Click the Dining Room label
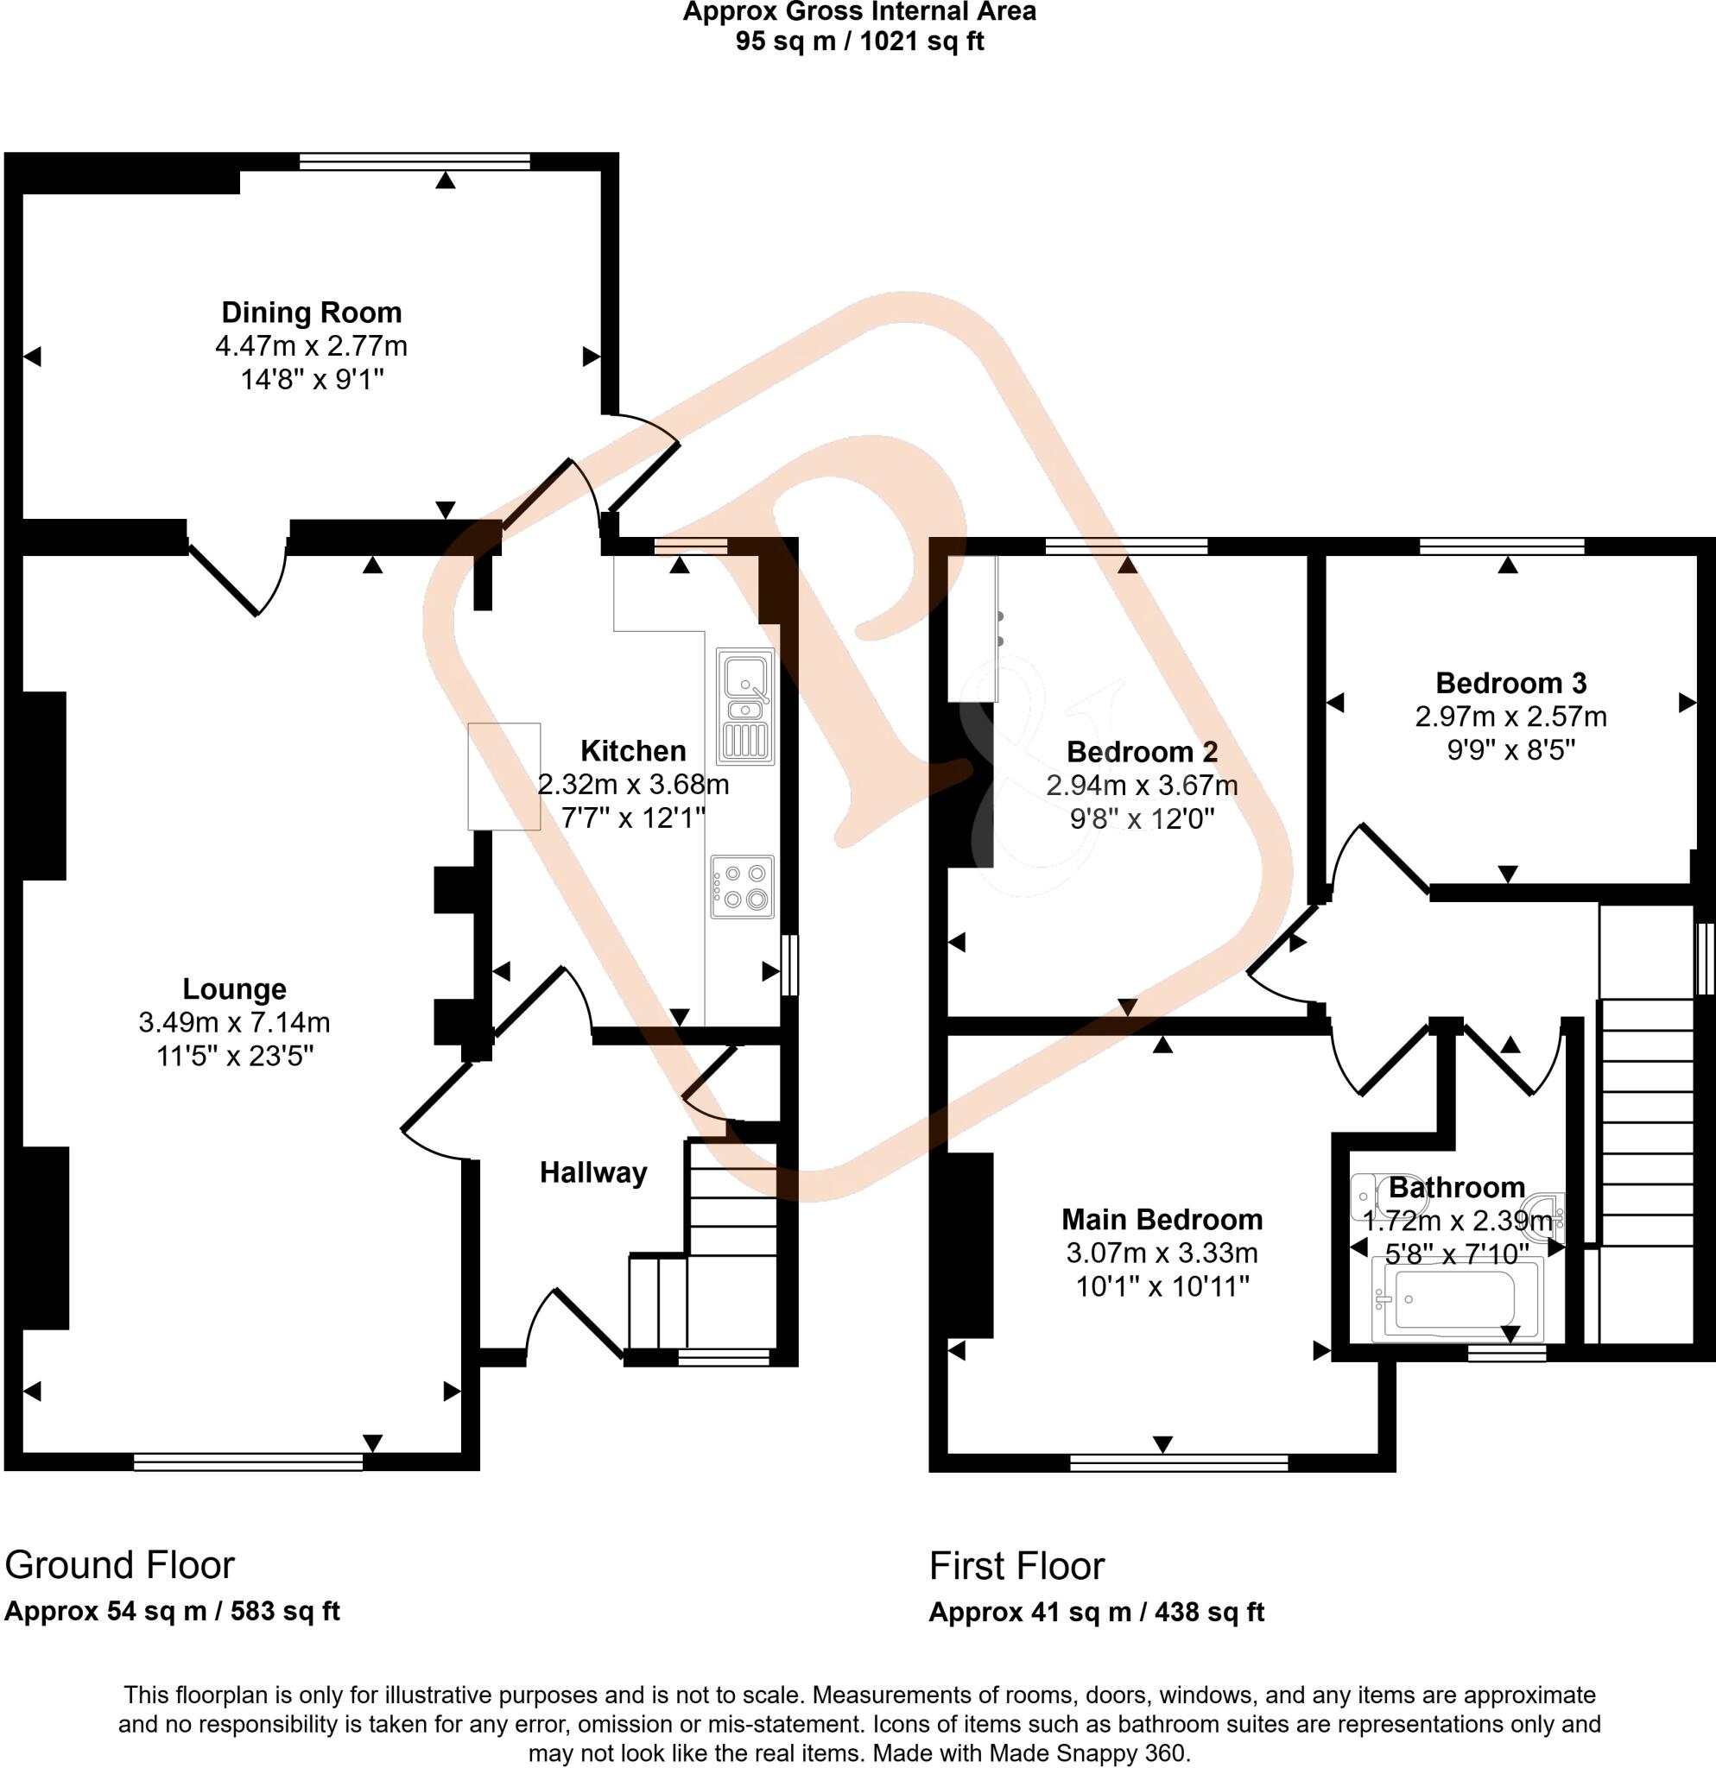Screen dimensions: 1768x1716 click(311, 313)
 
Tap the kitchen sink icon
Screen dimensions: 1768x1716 click(745, 706)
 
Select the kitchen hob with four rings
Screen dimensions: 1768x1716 click(742, 886)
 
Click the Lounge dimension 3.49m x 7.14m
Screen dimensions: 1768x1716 click(234, 1022)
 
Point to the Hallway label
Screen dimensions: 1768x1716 click(592, 1172)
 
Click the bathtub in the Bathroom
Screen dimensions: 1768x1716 click(1455, 1301)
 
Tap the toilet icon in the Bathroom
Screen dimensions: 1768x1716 click(1375, 1197)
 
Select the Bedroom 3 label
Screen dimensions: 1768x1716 click(1510, 683)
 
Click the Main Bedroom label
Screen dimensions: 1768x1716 click(1162, 1220)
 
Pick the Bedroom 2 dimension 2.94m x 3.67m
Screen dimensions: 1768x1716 click(1142, 785)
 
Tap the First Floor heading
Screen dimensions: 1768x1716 click(1016, 1565)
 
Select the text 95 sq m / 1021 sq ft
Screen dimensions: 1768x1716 click(859, 41)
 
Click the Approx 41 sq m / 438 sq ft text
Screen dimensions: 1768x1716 click(1096, 1612)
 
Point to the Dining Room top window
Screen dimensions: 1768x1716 click(415, 161)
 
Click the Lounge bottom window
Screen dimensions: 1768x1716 click(248, 1462)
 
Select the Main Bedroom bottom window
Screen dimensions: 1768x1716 click(1178, 1462)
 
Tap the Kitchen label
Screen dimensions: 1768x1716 click(632, 750)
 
